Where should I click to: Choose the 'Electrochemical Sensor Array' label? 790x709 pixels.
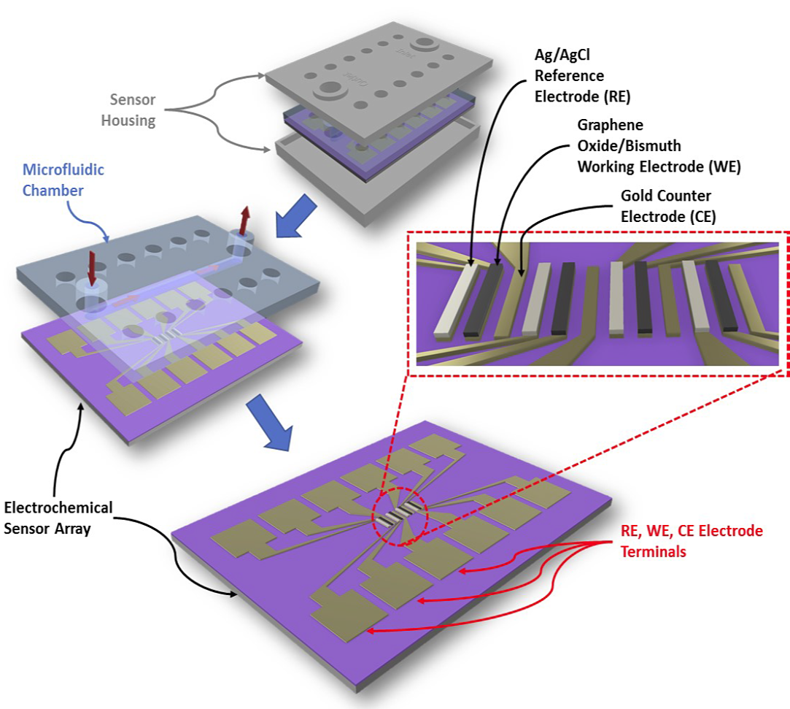pyautogui.click(x=58, y=518)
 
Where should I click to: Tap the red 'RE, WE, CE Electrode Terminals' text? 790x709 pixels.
pyautogui.click(x=692, y=541)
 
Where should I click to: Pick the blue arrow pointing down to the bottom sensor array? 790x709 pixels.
pyautogui.click(x=269, y=420)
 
